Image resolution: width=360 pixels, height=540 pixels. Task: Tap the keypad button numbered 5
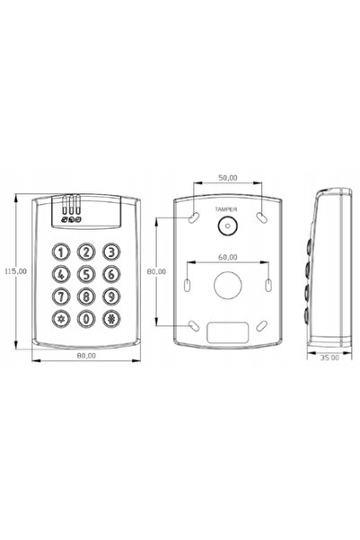pyautogui.click(x=86, y=274)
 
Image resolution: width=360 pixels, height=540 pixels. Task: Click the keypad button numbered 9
pyautogui.click(x=111, y=297)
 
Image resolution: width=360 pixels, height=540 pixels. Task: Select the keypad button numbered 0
pyautogui.click(x=86, y=319)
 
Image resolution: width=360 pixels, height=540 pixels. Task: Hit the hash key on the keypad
pyautogui.click(x=111, y=319)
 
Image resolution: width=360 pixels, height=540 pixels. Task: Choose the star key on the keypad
pyautogui.click(x=61, y=319)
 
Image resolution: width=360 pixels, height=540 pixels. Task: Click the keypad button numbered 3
pyautogui.click(x=111, y=252)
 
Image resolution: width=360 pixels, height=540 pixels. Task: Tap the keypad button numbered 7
pyautogui.click(x=61, y=297)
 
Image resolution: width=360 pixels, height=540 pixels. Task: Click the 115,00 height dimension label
pyautogui.click(x=15, y=271)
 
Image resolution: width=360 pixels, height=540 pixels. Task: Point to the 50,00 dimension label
pyautogui.click(x=228, y=178)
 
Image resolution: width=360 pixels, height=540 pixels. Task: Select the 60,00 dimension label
pyautogui.click(x=228, y=257)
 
